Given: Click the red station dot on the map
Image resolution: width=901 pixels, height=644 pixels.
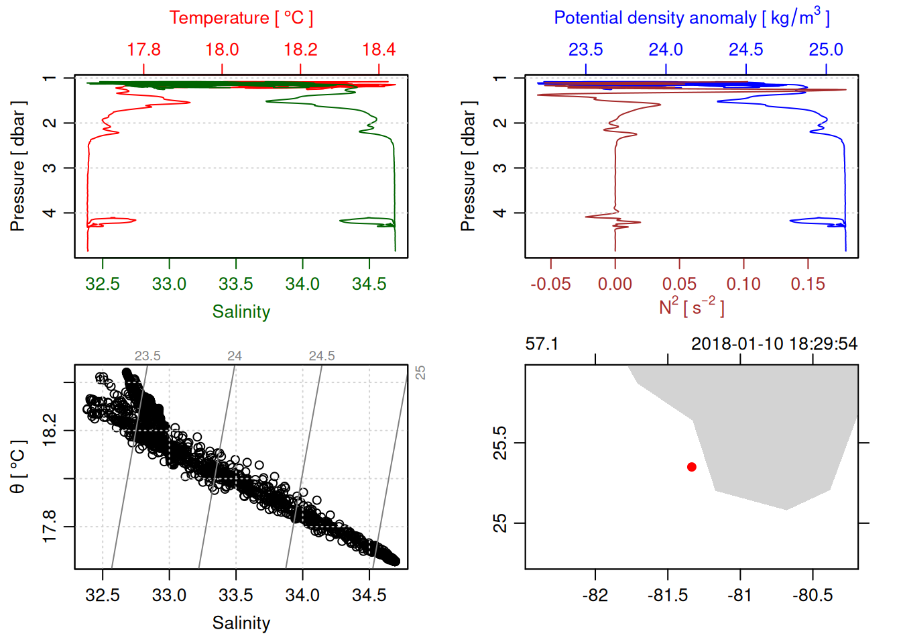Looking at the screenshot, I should pyautogui.click(x=691, y=467).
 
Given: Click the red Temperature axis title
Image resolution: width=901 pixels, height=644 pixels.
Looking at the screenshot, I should pyautogui.click(x=241, y=18).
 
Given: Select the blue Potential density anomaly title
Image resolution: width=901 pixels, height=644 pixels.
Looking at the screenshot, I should pyautogui.click(x=691, y=18).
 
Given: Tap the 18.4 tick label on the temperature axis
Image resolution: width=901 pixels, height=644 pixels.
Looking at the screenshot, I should pyautogui.click(x=379, y=50).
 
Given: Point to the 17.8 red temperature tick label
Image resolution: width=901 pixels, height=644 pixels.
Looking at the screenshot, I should pyautogui.click(x=143, y=50).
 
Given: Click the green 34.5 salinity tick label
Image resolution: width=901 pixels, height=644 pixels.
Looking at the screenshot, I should pyautogui.click(x=369, y=284).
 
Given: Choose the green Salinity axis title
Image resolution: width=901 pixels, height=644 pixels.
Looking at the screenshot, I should pyautogui.click(x=241, y=312).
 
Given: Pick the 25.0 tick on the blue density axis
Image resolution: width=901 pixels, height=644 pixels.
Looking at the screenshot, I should pyautogui.click(x=825, y=50).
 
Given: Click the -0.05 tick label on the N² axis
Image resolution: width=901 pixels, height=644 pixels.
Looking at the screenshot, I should pyautogui.click(x=550, y=284).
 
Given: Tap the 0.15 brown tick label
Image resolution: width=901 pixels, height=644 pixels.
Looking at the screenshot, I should pyautogui.click(x=807, y=284).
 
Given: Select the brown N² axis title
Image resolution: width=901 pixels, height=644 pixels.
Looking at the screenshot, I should pyautogui.click(x=691, y=307).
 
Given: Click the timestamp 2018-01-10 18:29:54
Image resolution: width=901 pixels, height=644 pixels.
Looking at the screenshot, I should pyautogui.click(x=774, y=344).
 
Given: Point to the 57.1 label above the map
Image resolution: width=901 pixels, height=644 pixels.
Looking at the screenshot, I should pyautogui.click(x=542, y=344).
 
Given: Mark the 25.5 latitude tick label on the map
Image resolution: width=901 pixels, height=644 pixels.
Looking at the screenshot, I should pyautogui.click(x=500, y=443).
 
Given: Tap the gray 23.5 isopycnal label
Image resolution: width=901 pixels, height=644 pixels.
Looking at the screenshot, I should pyautogui.click(x=147, y=356).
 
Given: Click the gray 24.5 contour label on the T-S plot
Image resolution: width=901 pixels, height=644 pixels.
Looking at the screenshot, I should pyautogui.click(x=322, y=356).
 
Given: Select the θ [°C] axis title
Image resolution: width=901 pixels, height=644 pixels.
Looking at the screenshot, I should pyautogui.click(x=18, y=467).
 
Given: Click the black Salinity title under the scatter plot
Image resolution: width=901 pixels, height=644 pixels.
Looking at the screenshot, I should pyautogui.click(x=241, y=623).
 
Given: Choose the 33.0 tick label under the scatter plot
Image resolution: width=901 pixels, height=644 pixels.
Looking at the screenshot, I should pyautogui.click(x=169, y=596).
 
